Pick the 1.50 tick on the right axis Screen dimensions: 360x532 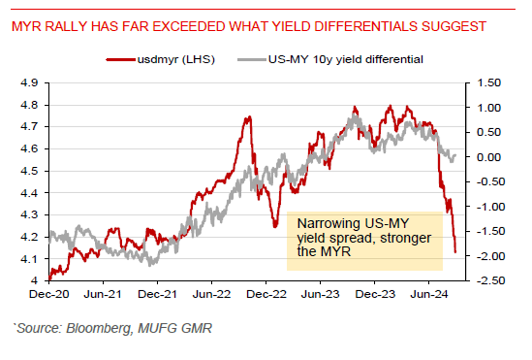tap(488, 83)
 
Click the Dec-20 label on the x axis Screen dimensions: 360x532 tap(48, 294)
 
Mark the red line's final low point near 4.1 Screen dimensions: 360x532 tap(455, 252)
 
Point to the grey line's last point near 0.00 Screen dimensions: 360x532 tap(455, 155)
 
